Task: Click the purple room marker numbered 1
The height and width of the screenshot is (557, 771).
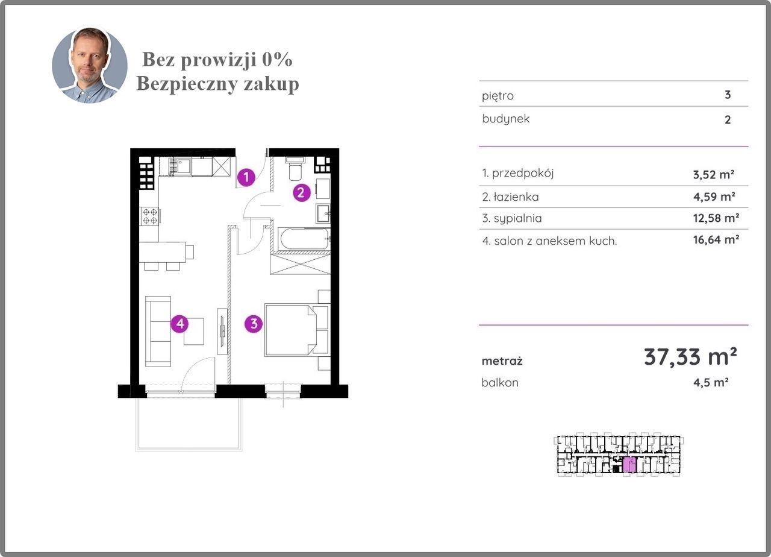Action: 246,177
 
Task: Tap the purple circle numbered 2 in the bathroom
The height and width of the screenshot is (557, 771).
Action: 302,192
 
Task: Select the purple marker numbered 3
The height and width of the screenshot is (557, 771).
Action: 254,324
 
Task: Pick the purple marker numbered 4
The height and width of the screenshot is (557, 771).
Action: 179,324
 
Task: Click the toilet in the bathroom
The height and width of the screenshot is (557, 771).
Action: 295,168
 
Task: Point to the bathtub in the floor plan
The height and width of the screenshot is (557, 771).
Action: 304,239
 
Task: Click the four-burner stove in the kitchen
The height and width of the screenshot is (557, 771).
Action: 150,216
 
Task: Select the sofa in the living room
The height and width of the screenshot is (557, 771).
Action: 158,332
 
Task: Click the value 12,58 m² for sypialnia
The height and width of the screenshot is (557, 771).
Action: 716,218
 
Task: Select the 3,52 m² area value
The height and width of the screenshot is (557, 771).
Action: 714,175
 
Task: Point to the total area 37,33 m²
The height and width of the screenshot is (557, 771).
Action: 690,357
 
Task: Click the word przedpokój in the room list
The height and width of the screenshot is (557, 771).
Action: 523,173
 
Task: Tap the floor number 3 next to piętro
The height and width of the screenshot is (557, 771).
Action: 728,95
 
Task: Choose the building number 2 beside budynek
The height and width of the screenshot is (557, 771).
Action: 728,120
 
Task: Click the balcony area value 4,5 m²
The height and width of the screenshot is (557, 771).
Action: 711,383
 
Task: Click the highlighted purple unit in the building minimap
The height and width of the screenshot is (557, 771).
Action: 629,464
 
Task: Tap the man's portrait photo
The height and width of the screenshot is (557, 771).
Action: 90,65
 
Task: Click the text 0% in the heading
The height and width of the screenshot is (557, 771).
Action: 277,59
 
